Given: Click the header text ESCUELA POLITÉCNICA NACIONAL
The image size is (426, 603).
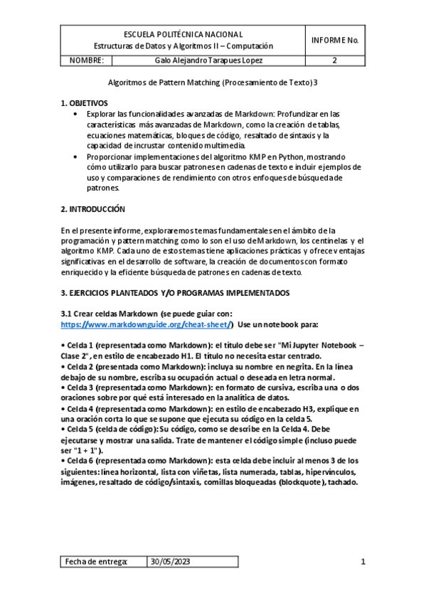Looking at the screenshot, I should coord(183,34).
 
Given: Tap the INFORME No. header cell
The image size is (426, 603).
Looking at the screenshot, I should coord(334,40).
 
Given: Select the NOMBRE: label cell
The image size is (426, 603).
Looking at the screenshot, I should coord(87,60).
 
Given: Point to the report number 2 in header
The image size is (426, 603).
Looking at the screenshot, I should coord(334,60).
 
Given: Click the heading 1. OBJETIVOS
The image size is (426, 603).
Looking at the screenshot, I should coord(85,103).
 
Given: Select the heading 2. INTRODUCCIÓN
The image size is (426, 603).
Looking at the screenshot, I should coord(93,210).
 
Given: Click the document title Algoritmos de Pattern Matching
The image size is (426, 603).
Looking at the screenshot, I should coord(217,82).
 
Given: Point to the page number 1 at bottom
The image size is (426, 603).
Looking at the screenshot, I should coord(363,562).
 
